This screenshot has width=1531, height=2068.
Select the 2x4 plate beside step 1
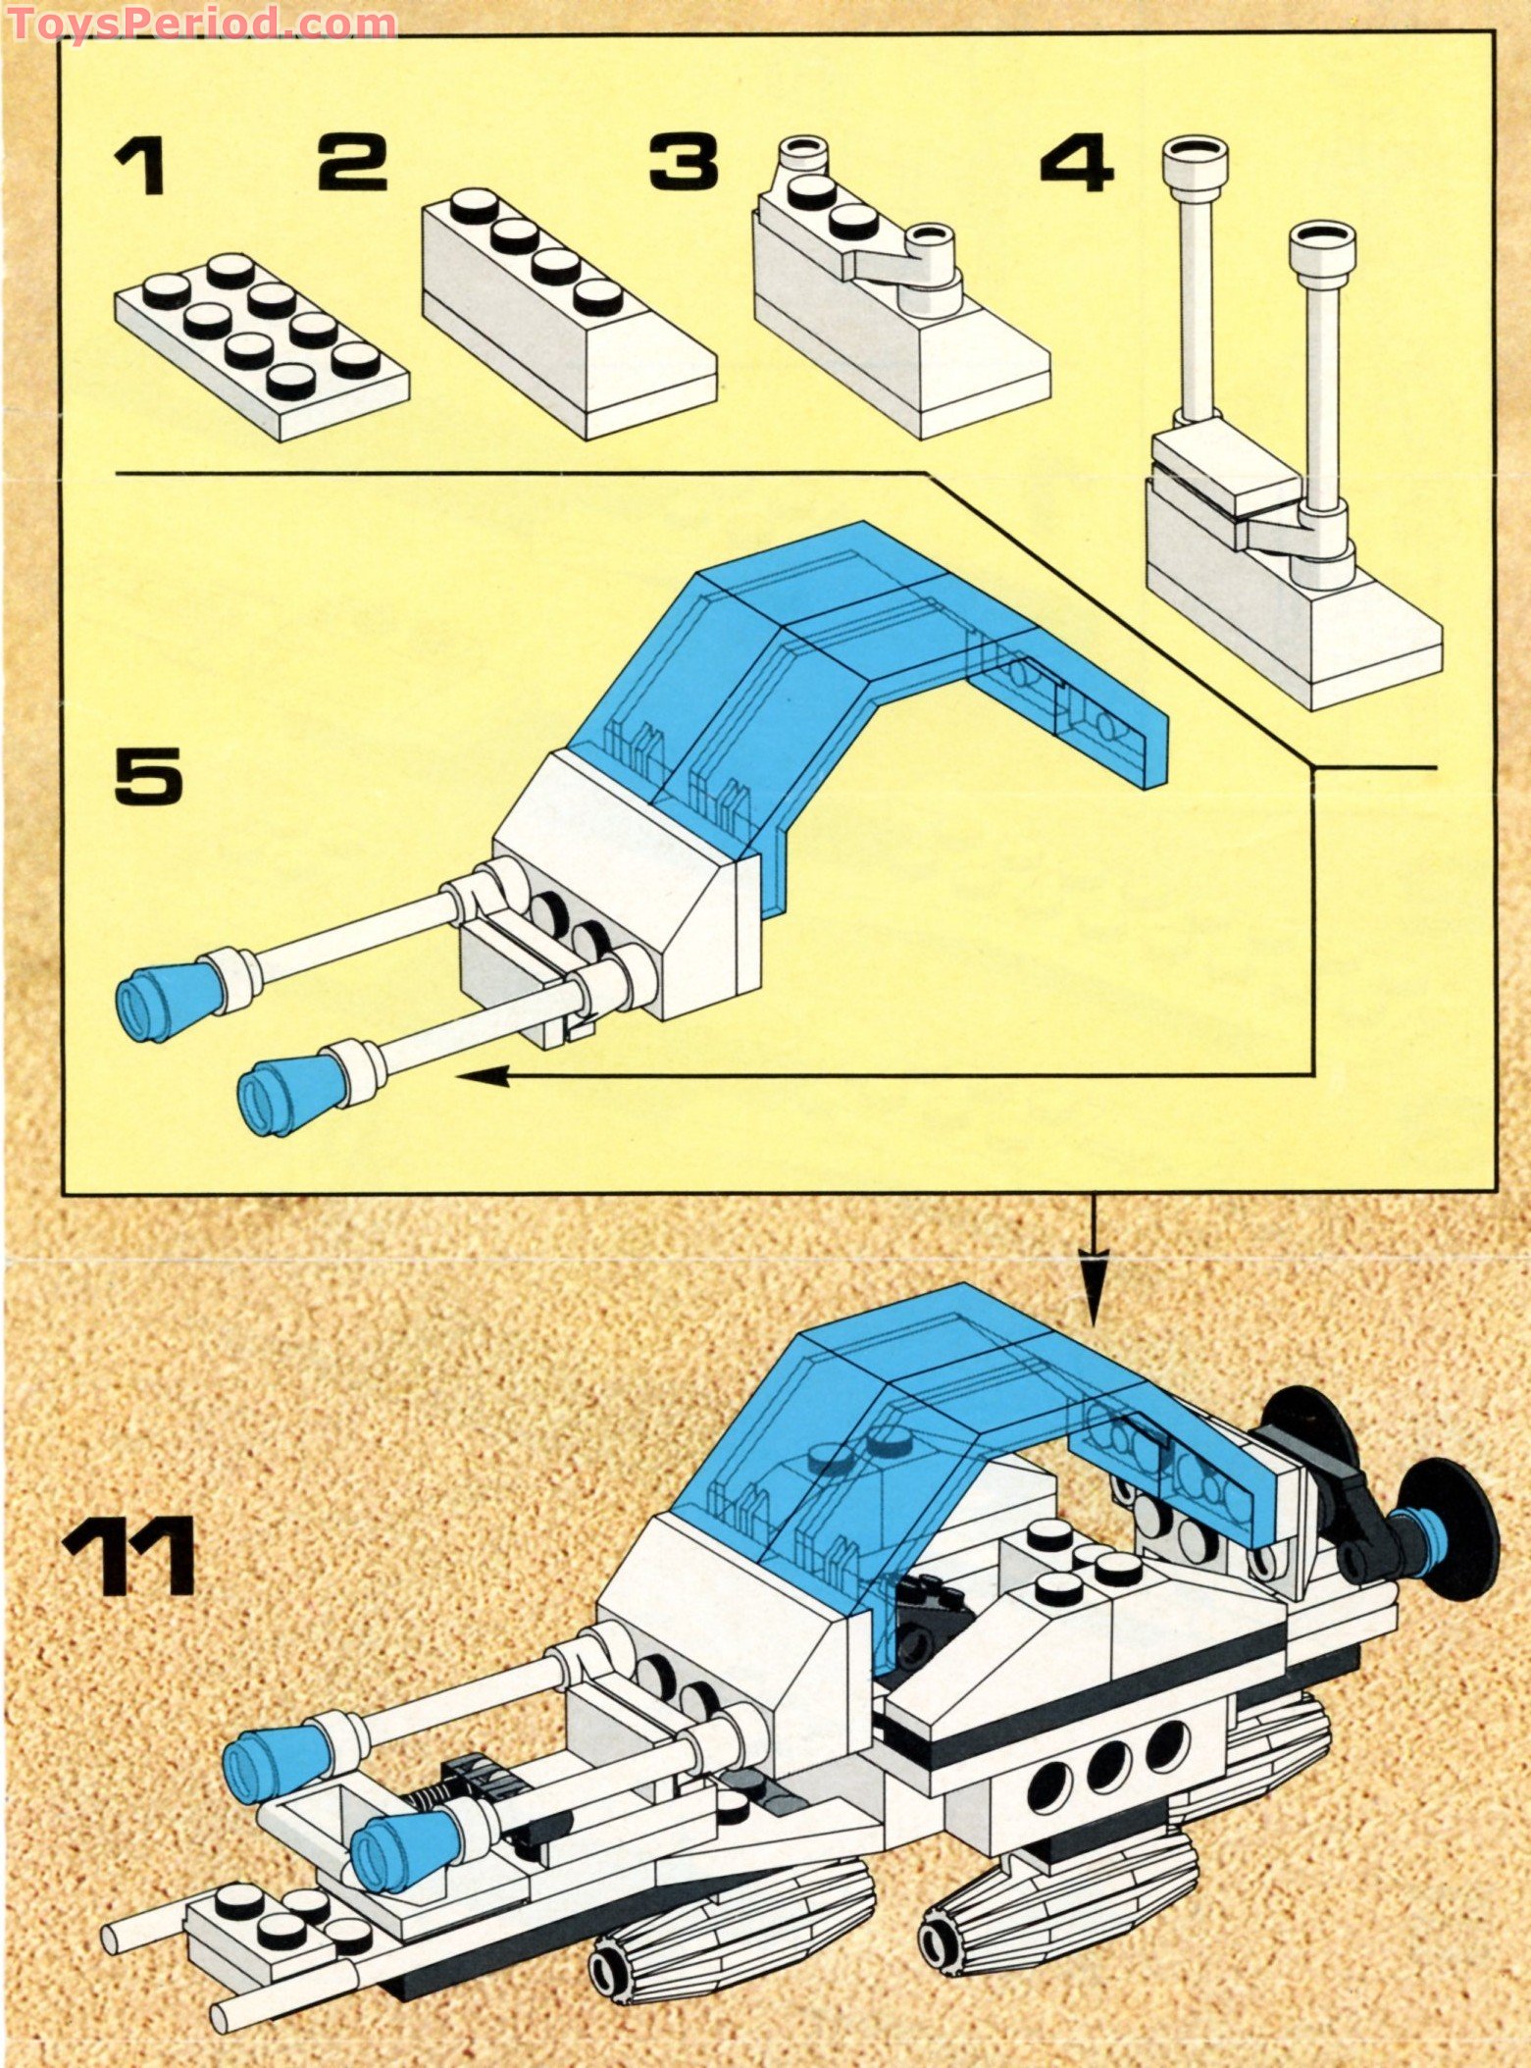coord(261,334)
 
